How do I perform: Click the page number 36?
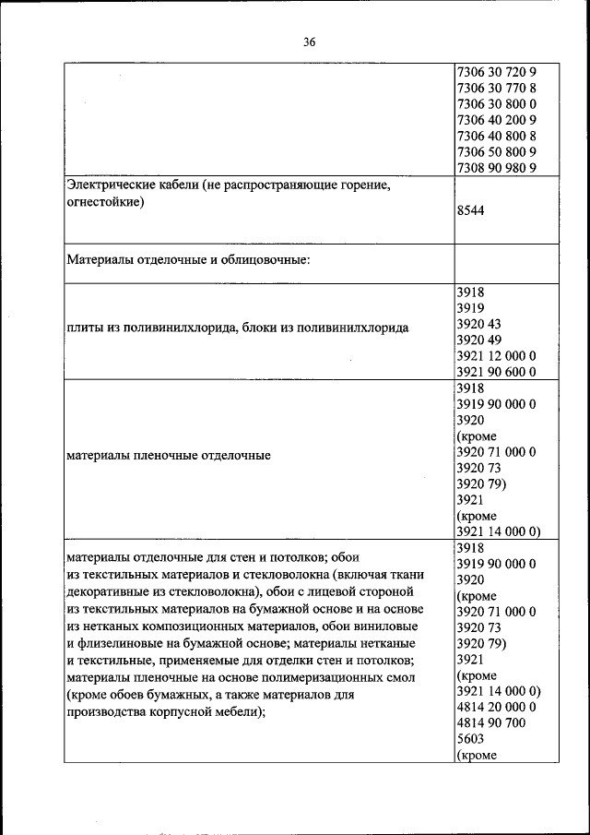[309, 42]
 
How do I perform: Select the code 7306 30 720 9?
[496, 71]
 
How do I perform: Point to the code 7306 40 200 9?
[496, 119]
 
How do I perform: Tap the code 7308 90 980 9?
[496, 167]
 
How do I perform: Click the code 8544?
[471, 210]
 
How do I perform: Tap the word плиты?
[85, 328]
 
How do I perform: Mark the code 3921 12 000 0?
[496, 355]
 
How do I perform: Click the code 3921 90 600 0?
[496, 372]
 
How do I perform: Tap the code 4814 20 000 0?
[496, 707]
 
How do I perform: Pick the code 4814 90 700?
[491, 722]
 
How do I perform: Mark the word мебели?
[239, 711]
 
